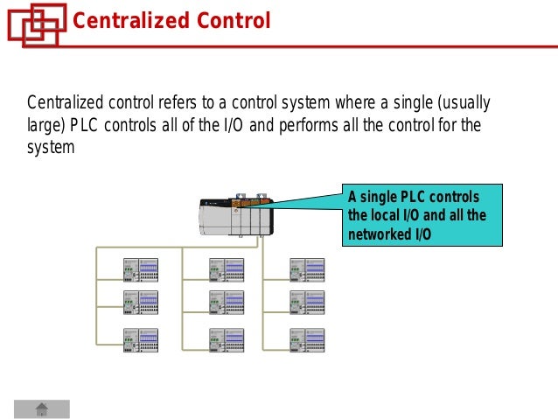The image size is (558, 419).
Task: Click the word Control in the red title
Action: (x=229, y=20)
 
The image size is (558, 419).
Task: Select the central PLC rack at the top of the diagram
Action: (x=235, y=216)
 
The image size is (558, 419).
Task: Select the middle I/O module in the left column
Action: (x=141, y=303)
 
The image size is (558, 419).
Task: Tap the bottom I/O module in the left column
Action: (x=141, y=340)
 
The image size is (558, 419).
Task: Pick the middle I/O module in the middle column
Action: (x=227, y=303)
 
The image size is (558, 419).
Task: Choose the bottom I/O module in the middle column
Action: (x=227, y=340)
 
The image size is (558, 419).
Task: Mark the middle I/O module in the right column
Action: (x=307, y=303)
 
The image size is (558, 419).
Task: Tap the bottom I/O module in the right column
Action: (x=307, y=340)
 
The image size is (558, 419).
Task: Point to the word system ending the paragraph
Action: (x=51, y=147)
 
